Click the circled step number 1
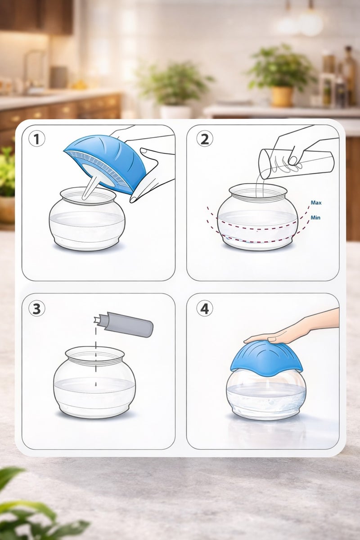pyautogui.click(x=36, y=139)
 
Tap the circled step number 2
pyautogui.click(x=205, y=139)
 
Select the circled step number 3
pyautogui.click(x=36, y=309)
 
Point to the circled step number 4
pyautogui.click(x=205, y=309)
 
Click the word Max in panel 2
pyautogui.click(x=316, y=202)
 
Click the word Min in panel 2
pyautogui.click(x=315, y=217)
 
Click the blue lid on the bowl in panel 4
pyautogui.click(x=266, y=357)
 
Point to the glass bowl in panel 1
pyautogui.click(x=87, y=220)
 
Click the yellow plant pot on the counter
pyautogui.click(x=282, y=96)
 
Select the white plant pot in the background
pyautogui.click(x=175, y=112)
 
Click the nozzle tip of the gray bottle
pyautogui.click(x=96, y=320)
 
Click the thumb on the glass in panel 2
pyautogui.click(x=293, y=160)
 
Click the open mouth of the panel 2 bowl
pyautogui.click(x=258, y=190)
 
